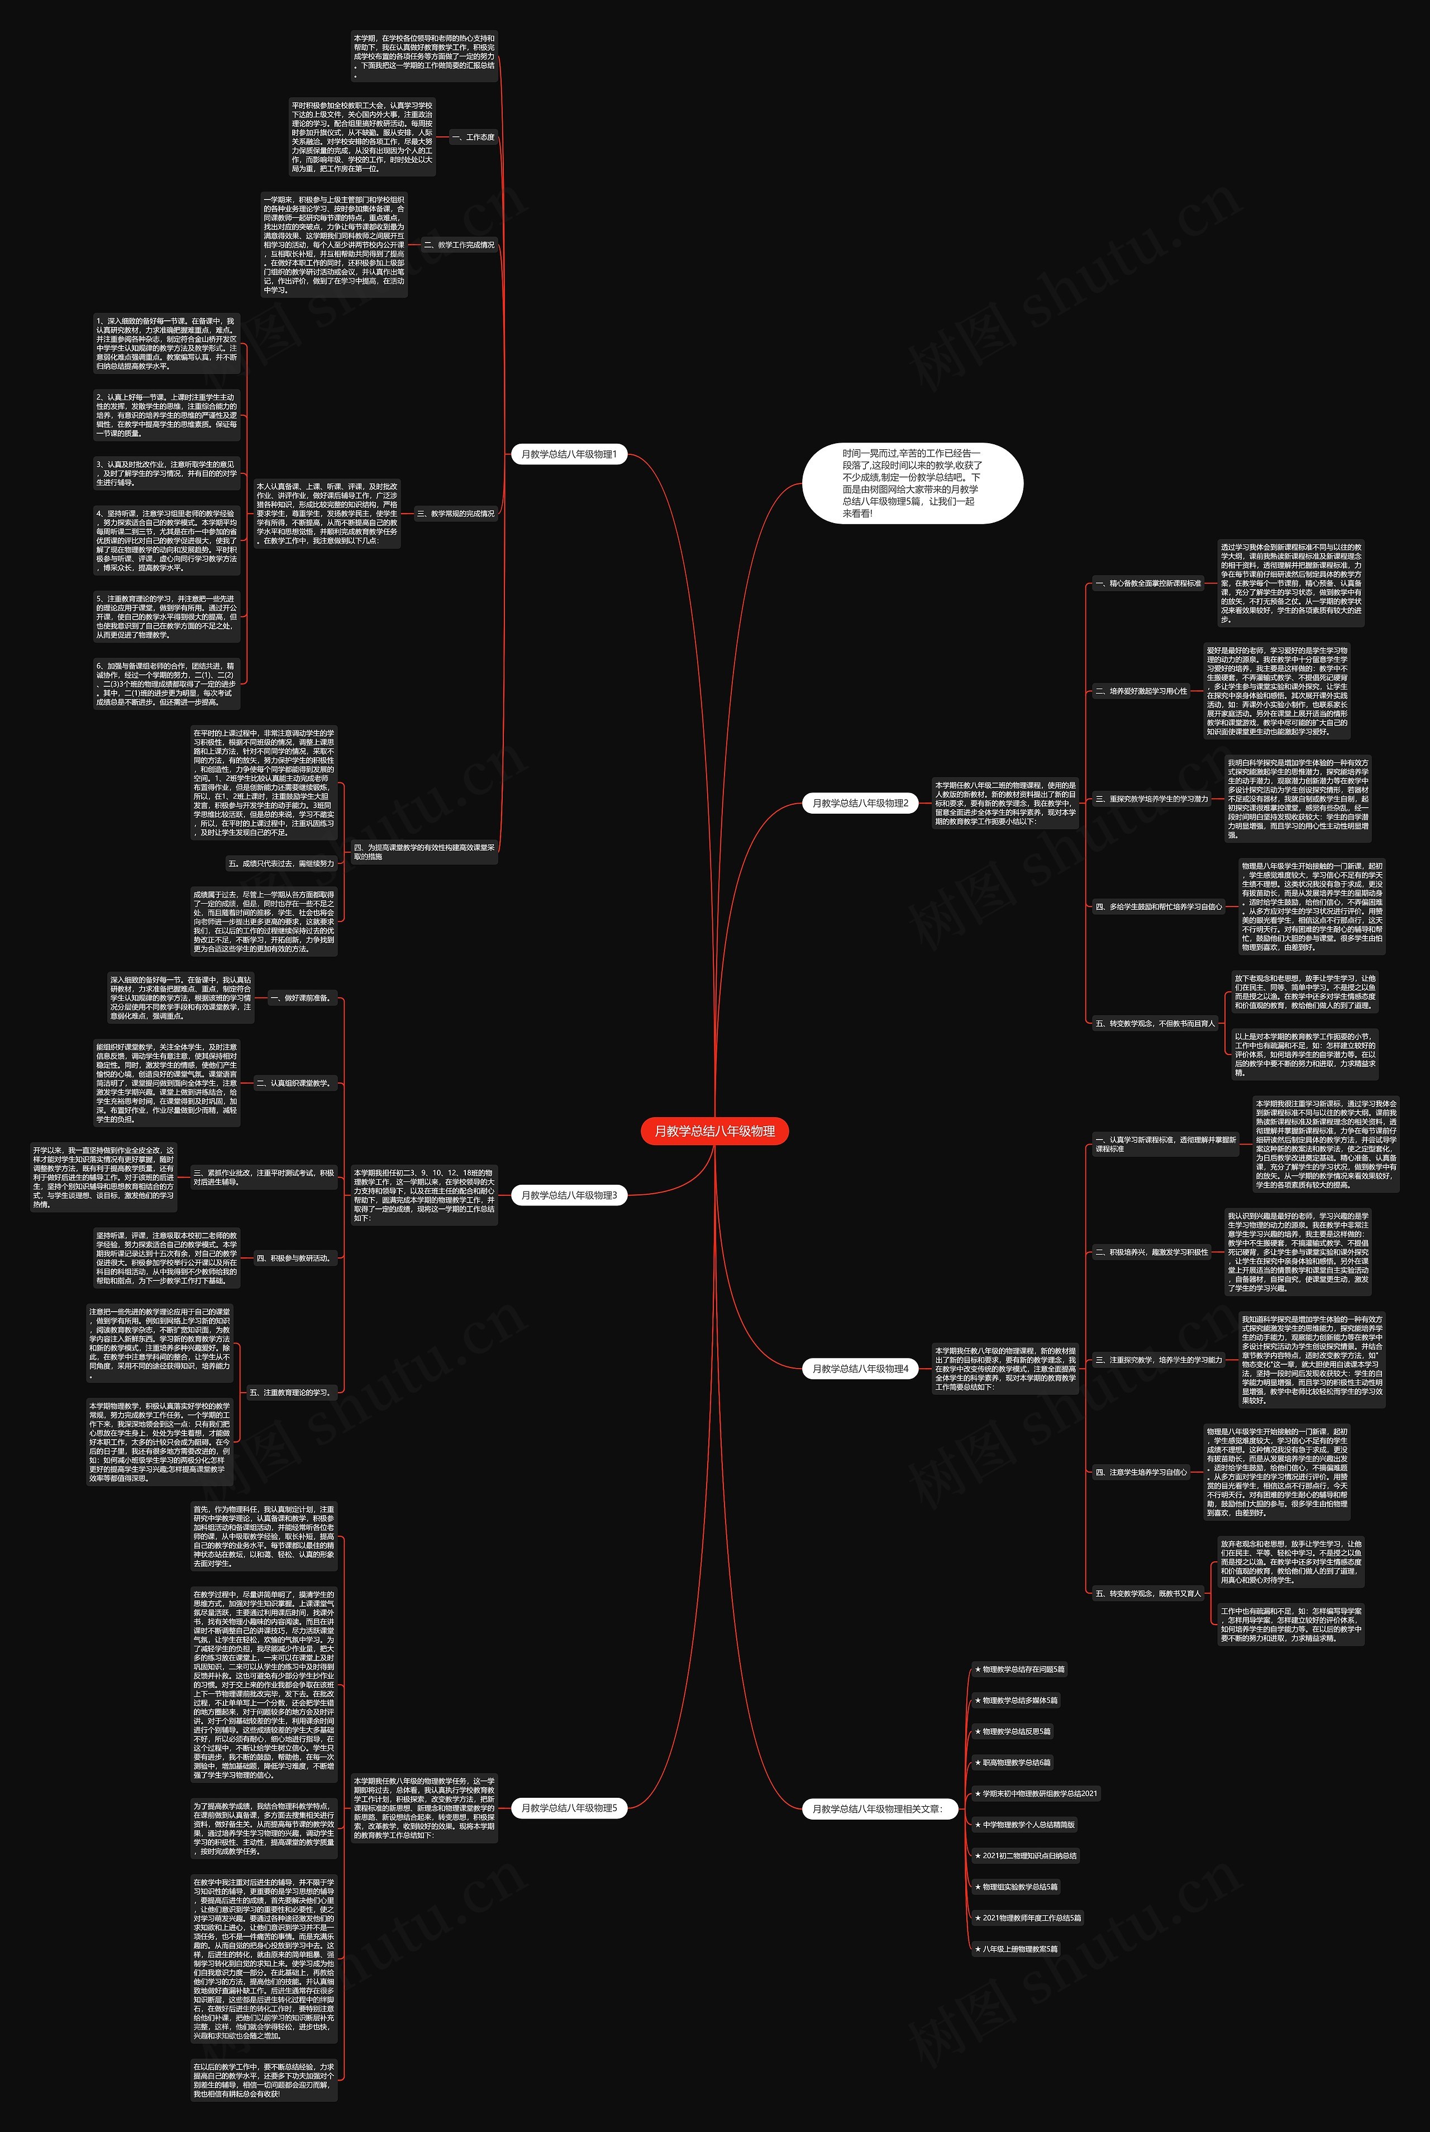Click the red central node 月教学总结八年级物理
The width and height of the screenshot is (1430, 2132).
point(714,1131)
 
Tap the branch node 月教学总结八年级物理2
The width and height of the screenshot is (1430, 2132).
point(860,803)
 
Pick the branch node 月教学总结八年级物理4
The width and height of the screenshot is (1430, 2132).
point(860,1369)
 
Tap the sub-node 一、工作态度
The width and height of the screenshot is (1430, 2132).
point(473,137)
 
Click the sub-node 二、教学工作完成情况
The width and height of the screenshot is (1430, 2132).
point(459,244)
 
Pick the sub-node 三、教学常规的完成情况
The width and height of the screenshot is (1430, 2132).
point(455,514)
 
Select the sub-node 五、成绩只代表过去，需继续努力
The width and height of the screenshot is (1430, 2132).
point(281,863)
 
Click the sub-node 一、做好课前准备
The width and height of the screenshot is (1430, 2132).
point(300,998)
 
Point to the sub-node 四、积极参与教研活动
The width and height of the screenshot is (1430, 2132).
point(293,1258)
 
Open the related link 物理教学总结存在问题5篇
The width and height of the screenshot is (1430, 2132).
point(1019,1669)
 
